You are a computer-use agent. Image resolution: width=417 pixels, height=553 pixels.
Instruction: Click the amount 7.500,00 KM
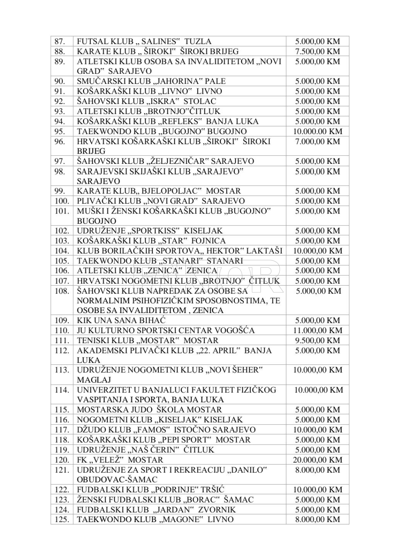tap(317, 51)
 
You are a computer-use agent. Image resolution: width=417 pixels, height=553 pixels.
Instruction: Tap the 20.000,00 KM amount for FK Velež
tap(317, 460)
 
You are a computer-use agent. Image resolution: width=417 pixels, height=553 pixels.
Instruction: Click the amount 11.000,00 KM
tap(317, 330)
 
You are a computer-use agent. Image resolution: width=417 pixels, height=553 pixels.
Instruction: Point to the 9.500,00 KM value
tap(317, 340)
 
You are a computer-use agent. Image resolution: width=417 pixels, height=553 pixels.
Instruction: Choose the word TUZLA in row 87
tap(198, 42)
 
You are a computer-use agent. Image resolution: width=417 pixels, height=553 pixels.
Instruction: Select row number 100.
tap(61, 201)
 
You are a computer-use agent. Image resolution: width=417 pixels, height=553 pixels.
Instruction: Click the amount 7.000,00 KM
tap(317, 141)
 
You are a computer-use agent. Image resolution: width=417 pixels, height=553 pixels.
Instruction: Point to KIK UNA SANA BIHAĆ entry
tap(121, 320)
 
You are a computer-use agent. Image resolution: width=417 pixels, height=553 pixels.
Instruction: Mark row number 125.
tap(61, 520)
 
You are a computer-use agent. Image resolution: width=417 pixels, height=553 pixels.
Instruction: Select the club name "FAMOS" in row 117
tap(151, 430)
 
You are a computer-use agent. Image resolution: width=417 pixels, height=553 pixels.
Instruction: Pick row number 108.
tap(61, 291)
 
